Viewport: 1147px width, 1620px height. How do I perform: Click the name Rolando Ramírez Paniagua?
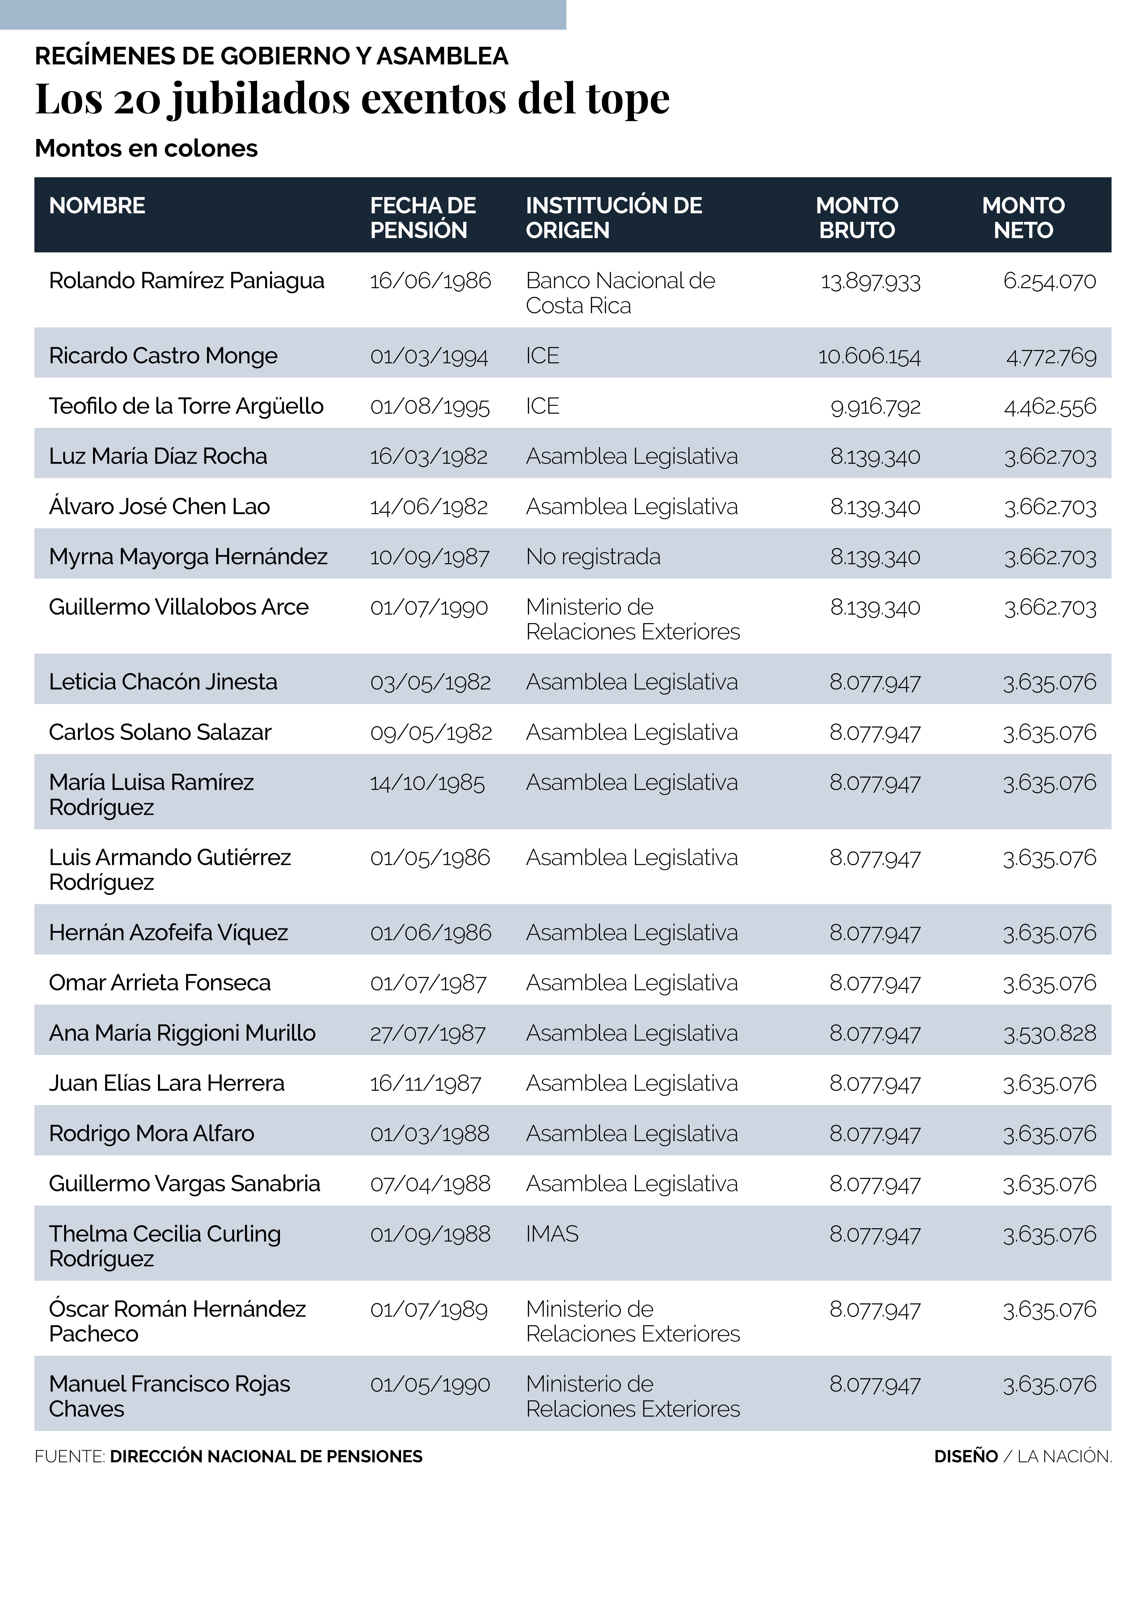(x=186, y=281)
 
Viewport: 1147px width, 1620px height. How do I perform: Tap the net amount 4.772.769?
(x=1051, y=356)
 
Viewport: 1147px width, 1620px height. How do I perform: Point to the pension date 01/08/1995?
(x=429, y=407)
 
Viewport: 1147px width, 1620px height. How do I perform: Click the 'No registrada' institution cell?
(x=593, y=557)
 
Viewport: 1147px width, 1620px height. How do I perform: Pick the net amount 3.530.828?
(x=1050, y=1033)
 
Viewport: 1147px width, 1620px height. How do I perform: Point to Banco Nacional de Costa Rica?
(x=620, y=293)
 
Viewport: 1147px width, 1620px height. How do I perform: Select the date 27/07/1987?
(x=428, y=1033)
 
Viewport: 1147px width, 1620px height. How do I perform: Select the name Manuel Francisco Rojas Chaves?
(x=170, y=1396)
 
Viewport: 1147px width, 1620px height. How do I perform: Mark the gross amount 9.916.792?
(x=875, y=407)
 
